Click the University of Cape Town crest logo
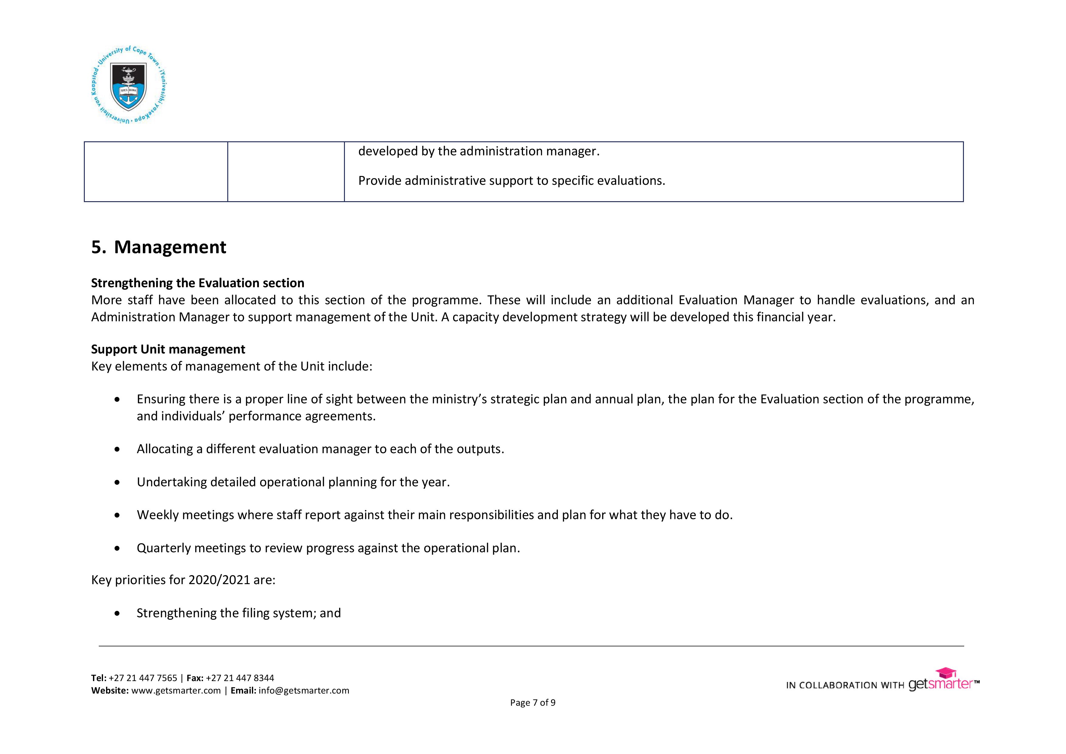(x=129, y=85)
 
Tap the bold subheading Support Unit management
(x=168, y=349)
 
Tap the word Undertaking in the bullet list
(x=171, y=482)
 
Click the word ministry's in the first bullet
(x=459, y=399)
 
